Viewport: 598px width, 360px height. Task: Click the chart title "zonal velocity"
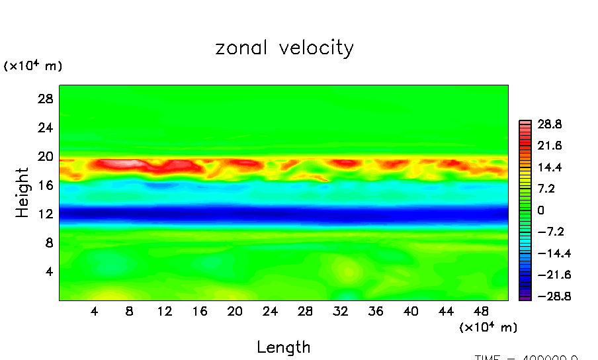pos(284,48)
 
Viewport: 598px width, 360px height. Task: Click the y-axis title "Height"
pos(22,193)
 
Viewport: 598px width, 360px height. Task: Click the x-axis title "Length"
pos(283,347)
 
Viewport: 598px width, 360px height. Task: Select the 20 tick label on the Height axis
pos(44,156)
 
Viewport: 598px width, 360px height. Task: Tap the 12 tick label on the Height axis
pos(44,214)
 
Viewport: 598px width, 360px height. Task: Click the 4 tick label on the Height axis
pos(48,271)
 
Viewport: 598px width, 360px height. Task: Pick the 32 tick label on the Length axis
pos(340,311)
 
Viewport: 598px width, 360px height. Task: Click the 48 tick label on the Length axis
pos(481,311)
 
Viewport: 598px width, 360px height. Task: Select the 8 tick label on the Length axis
pos(130,311)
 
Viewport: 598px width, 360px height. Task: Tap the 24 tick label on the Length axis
pos(270,311)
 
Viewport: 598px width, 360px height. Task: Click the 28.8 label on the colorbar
pos(549,124)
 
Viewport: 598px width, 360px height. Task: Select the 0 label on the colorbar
pos(540,210)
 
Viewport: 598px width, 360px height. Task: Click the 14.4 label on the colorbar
pos(549,167)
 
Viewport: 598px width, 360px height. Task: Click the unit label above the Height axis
pos(33,66)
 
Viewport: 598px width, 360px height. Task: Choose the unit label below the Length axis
pos(488,327)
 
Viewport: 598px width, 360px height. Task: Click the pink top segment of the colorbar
pos(525,123)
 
